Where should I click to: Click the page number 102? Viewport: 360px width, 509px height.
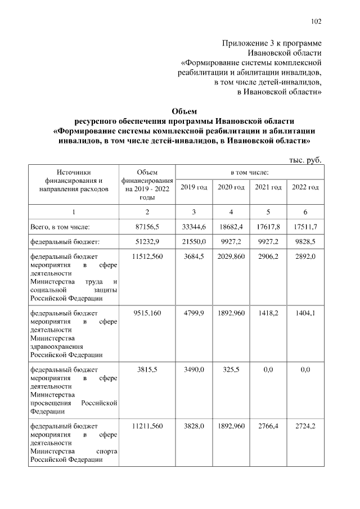(x=316, y=22)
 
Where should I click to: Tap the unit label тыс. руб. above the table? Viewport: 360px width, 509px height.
(x=305, y=160)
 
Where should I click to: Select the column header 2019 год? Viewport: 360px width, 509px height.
(x=194, y=186)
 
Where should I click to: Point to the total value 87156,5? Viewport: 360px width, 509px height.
(x=147, y=227)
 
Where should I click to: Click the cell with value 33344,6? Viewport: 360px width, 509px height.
(x=194, y=227)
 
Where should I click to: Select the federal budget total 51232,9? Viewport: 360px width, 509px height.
(x=147, y=242)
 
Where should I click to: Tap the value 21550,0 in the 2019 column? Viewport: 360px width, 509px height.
(x=194, y=242)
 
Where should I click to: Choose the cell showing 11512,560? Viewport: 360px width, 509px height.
(x=147, y=257)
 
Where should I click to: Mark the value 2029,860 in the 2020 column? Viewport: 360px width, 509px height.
(x=231, y=257)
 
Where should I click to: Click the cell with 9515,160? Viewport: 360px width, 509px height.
(x=147, y=313)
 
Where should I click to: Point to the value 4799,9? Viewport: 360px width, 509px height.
(x=194, y=313)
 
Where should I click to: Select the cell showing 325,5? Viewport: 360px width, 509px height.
(x=231, y=369)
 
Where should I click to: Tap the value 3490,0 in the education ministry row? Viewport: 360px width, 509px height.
(x=194, y=369)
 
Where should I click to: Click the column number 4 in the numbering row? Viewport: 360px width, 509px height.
(x=231, y=211)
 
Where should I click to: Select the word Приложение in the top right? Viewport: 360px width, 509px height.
(x=244, y=43)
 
